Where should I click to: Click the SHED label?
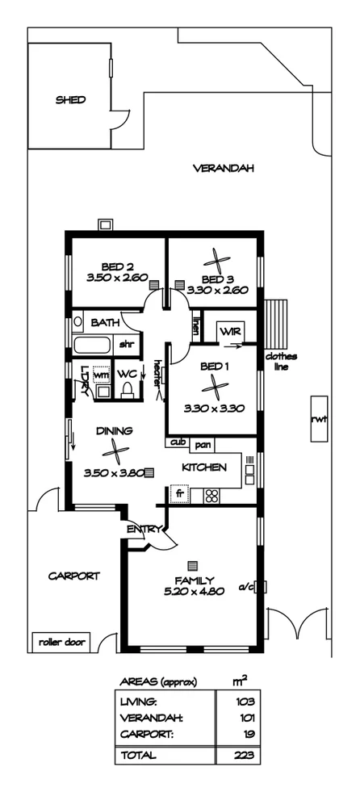70,100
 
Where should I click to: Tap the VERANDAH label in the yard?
224,169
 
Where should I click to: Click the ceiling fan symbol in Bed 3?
217,261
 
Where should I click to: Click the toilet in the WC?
126,390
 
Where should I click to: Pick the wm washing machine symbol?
102,376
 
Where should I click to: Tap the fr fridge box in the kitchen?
179,492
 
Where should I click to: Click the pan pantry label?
203,443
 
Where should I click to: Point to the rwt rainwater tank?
319,417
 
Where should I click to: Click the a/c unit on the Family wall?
261,588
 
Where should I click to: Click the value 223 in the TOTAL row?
245,756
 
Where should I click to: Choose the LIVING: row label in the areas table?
139,702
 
